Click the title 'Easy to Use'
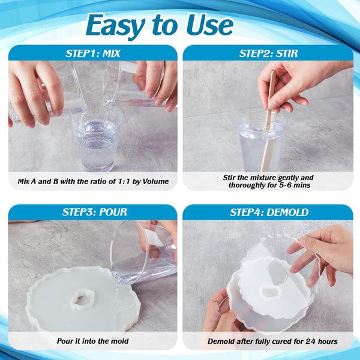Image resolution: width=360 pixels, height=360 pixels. pyautogui.click(x=159, y=25)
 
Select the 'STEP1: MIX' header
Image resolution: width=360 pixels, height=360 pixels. pyautogui.click(x=92, y=53)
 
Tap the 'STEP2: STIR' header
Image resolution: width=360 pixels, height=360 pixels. pyautogui.click(x=268, y=53)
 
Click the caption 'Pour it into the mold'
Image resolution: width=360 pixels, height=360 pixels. pyautogui.click(x=92, y=341)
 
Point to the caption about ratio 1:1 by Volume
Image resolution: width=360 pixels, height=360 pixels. pyautogui.click(x=92, y=181)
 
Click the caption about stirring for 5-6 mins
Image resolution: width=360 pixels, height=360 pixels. pyautogui.click(x=268, y=181)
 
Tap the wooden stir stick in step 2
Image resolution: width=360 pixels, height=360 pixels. pyautogui.click(x=269, y=120)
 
